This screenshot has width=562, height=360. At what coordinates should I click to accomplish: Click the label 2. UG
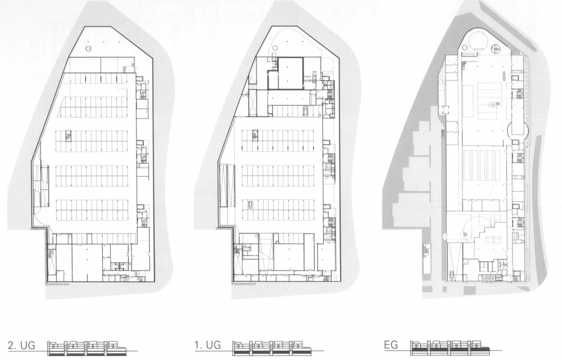(21, 346)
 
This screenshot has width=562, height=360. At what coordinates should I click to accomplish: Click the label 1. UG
(207, 345)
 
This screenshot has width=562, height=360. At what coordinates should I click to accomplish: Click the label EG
(391, 345)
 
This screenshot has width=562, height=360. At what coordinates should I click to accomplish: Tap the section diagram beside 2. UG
(88, 348)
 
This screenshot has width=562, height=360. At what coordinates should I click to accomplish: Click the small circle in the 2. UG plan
(89, 48)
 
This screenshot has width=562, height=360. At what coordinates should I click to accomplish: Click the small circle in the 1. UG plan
(275, 47)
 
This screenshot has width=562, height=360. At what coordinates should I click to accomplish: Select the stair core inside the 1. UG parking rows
(255, 135)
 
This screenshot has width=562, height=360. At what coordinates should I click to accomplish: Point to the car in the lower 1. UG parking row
(250, 205)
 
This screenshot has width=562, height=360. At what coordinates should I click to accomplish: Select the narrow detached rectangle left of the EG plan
(427, 258)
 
